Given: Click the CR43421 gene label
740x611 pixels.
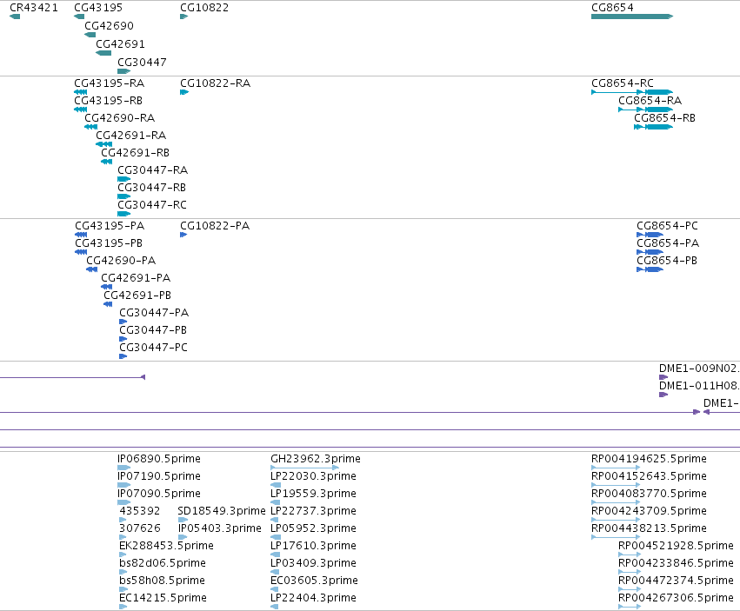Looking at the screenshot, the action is (x=34, y=8).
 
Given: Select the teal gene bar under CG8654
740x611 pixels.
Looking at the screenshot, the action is (x=632, y=17).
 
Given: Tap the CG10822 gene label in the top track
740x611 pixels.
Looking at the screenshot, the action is (x=204, y=8).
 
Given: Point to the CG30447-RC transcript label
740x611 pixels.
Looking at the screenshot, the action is (x=152, y=205).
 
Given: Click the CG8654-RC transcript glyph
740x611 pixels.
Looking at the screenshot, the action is (x=632, y=92).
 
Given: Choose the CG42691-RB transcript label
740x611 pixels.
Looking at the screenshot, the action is (x=135, y=152).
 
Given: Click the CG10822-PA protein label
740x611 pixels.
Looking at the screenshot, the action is (x=215, y=225).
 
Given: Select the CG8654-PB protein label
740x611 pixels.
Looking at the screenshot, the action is (x=667, y=261).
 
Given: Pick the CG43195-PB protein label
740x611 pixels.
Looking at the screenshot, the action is (x=109, y=243).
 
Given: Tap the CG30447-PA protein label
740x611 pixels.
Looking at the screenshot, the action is (x=154, y=312).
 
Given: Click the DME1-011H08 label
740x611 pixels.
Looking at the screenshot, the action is (x=699, y=386).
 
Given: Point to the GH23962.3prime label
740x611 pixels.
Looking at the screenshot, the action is (x=316, y=459).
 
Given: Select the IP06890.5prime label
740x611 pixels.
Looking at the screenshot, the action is (x=159, y=459).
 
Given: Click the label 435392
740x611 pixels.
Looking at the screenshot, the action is (x=140, y=510).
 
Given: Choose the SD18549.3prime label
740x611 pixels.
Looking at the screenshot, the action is (x=222, y=510).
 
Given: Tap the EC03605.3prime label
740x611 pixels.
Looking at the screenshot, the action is (x=314, y=580).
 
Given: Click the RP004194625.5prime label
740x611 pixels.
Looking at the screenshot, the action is (x=649, y=459).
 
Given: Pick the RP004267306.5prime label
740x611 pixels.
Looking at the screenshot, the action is (x=676, y=597).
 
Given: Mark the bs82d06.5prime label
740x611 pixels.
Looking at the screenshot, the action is (x=163, y=563).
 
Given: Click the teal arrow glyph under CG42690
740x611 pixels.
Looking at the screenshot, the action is (x=90, y=35).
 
